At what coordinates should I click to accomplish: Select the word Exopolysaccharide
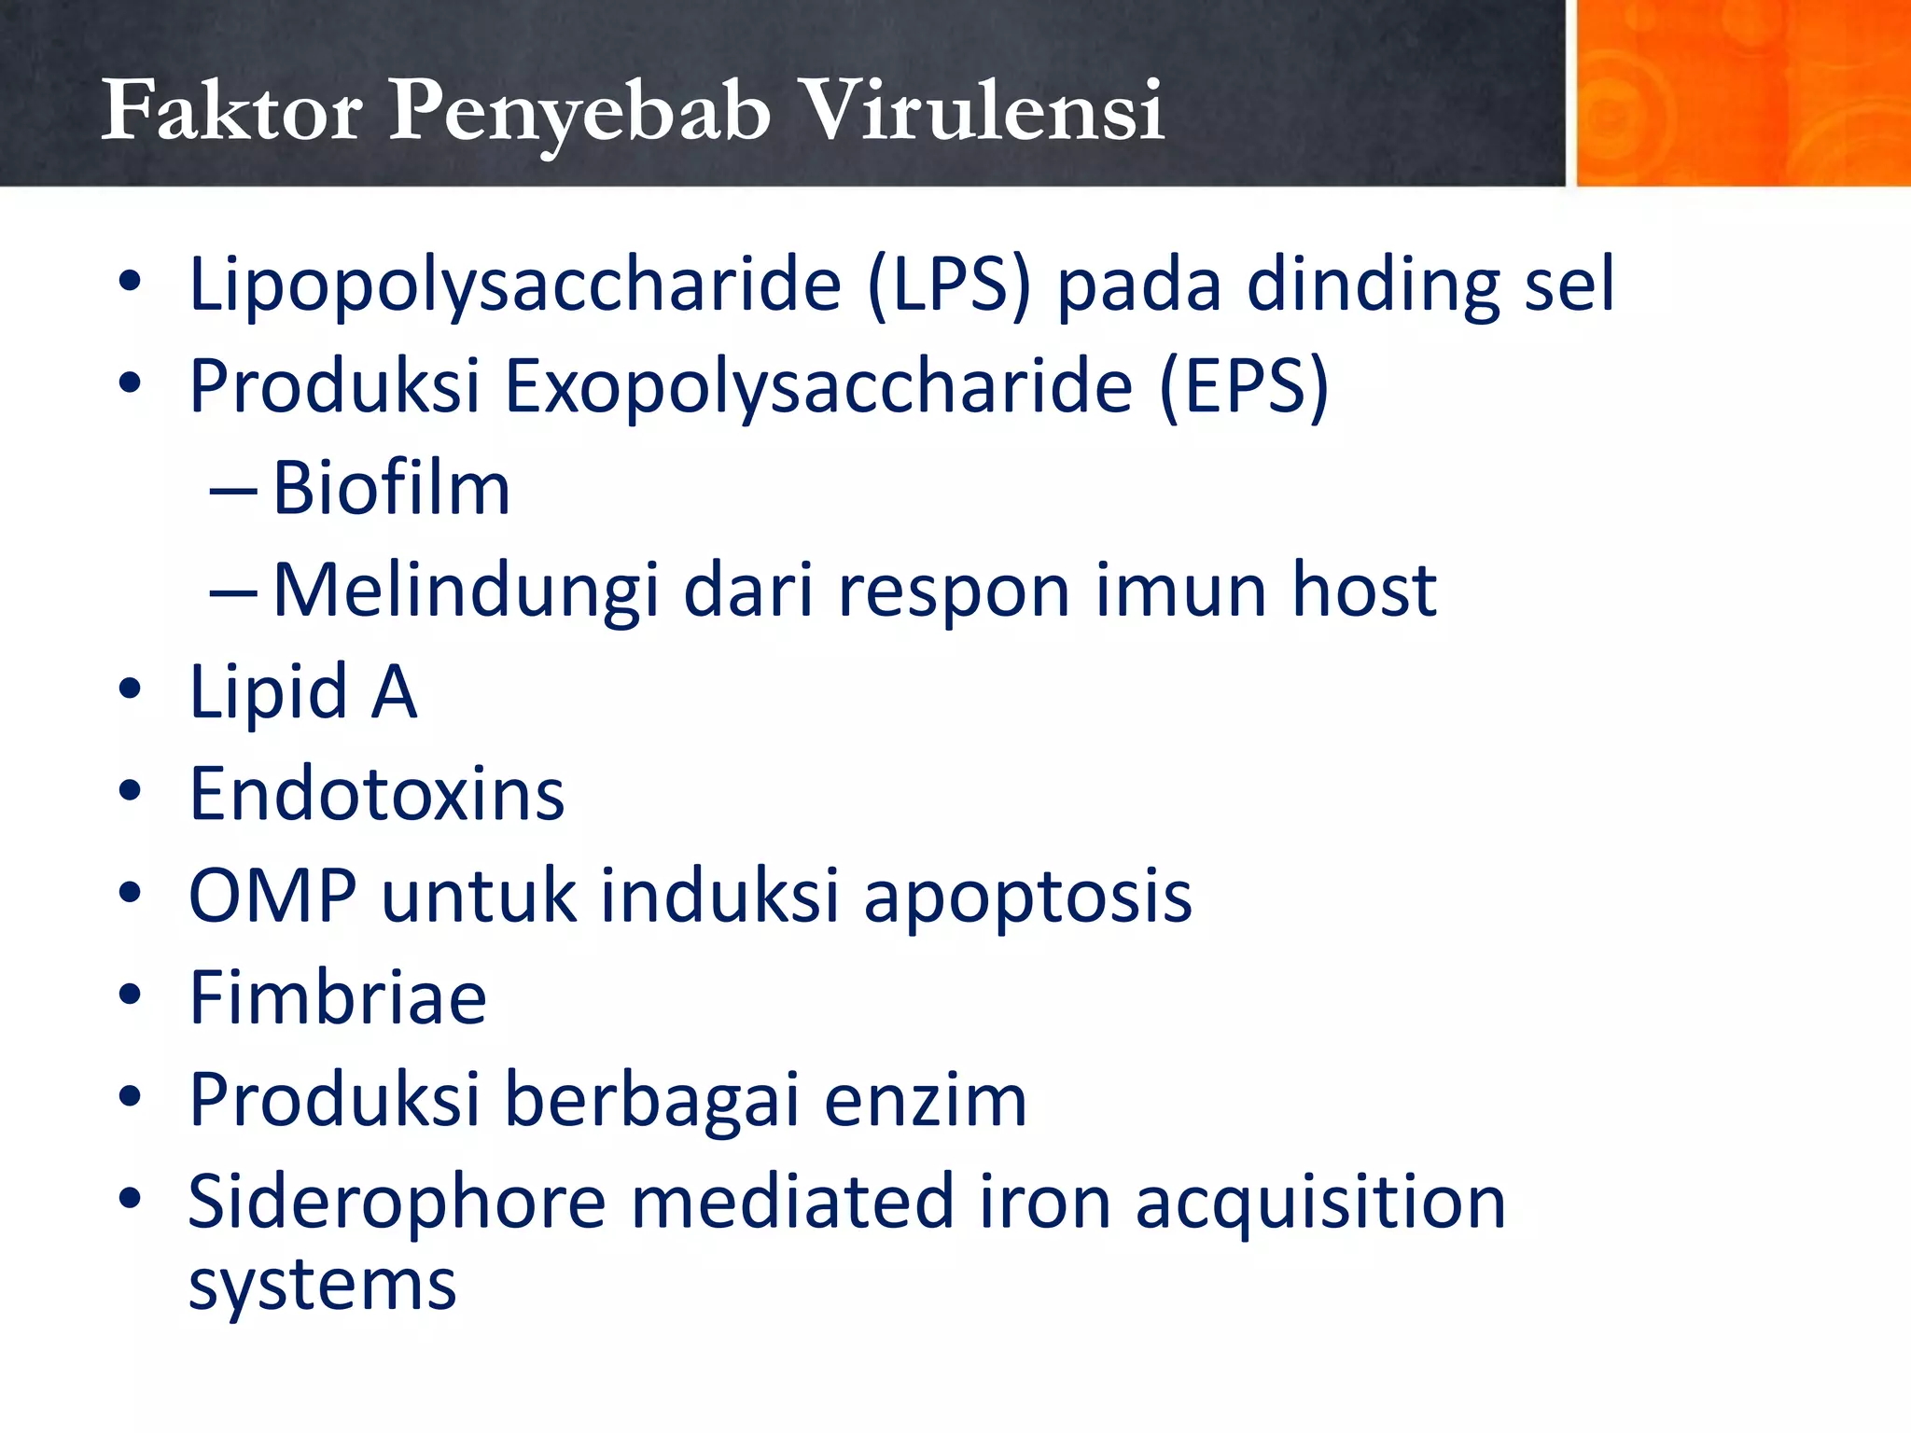pyautogui.click(x=818, y=386)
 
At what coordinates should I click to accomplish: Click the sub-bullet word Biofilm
pyautogui.click(x=391, y=488)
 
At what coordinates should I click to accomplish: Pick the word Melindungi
pyautogui.click(x=467, y=591)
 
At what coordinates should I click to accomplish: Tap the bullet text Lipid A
pyautogui.click(x=302, y=692)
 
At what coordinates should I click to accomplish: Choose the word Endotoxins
pyautogui.click(x=377, y=794)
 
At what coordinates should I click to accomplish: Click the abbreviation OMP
pyautogui.click(x=272, y=897)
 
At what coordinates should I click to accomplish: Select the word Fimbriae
pyautogui.click(x=338, y=998)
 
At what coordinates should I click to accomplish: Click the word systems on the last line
pyautogui.click(x=322, y=1286)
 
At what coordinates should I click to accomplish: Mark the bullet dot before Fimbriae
pyautogui.click(x=130, y=995)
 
